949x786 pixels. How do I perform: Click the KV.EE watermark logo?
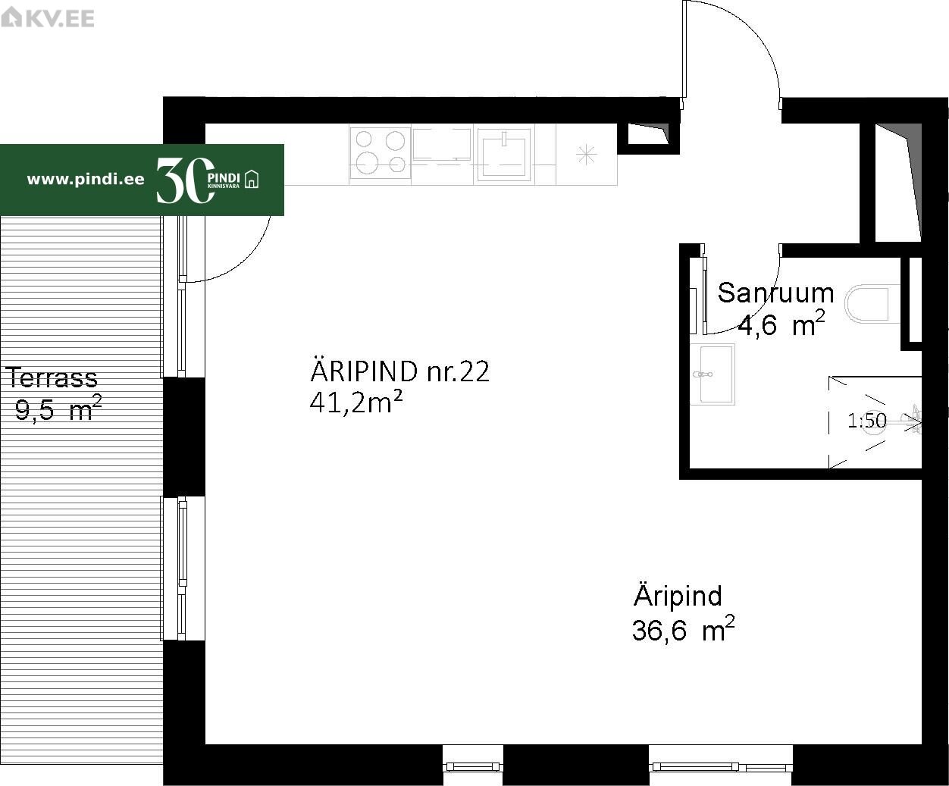coord(47,18)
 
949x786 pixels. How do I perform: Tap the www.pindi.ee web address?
coord(86,180)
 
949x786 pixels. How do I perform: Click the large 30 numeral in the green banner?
coord(185,180)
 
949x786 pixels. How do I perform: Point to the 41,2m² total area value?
coord(356,402)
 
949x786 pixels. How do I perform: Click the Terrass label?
coord(52,377)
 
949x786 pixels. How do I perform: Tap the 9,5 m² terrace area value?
coord(58,409)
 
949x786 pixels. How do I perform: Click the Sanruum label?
coord(775,293)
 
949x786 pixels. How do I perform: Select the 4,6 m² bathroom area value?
coord(781,324)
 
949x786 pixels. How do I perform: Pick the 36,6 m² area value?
coord(683,629)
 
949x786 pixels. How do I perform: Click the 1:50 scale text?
coord(866,421)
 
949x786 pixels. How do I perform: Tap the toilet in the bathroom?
coord(872,304)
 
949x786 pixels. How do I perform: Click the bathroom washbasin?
coord(713,374)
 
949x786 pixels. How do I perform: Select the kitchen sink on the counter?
coord(503,155)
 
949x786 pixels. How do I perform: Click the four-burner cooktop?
coord(380,153)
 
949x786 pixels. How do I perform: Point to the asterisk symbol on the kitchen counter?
coord(587,155)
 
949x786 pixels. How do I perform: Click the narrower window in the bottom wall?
coord(473,766)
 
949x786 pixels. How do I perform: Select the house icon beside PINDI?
coord(252,179)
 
